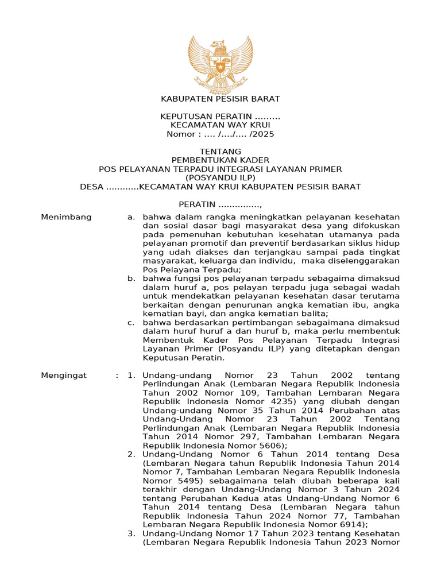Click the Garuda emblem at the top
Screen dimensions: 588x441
[220, 64]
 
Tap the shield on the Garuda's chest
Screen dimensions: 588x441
[220, 67]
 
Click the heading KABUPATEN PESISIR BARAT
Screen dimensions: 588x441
[220, 99]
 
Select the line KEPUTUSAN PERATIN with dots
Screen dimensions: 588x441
[220, 117]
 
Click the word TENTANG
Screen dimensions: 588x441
[220, 152]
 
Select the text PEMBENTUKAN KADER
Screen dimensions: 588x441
[220, 160]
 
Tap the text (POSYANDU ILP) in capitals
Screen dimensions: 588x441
[220, 177]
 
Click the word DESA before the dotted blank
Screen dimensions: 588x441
[92, 187]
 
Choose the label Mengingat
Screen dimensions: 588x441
[64, 375]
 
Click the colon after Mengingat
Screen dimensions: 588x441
[117, 375]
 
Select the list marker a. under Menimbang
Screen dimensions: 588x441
[131, 217]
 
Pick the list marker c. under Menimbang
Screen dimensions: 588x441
[131, 322]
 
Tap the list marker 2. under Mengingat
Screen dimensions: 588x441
[131, 454]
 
